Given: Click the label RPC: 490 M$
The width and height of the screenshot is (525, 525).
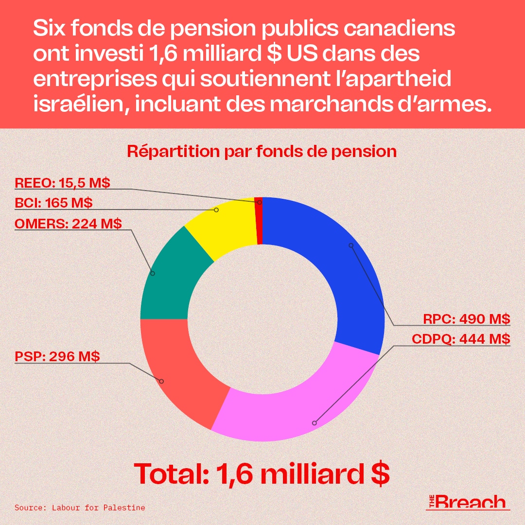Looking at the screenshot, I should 466,319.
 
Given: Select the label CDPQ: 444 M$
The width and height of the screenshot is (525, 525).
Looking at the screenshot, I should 461,338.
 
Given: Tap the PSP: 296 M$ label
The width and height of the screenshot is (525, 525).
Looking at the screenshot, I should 57,356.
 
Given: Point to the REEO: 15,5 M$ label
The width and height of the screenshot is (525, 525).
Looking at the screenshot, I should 62,183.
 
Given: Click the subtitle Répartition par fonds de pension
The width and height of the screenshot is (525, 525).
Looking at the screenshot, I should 262,151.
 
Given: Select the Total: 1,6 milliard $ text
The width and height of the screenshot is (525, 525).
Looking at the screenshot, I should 262,473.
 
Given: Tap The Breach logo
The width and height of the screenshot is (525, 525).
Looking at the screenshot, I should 467,502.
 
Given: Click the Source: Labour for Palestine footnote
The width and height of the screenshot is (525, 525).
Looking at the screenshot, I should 80,507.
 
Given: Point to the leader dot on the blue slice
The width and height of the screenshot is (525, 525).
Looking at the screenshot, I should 351,245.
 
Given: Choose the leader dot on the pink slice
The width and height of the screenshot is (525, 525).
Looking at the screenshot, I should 314,423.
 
